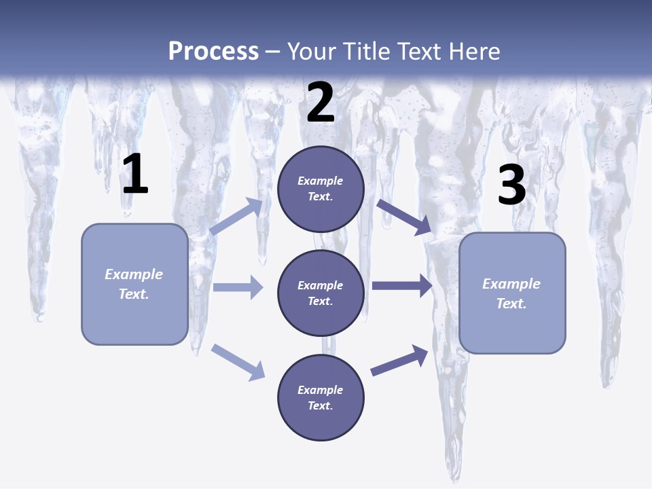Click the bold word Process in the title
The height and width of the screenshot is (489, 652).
point(213,51)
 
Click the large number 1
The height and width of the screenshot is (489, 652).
point(135,175)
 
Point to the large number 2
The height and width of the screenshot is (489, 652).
point(321,103)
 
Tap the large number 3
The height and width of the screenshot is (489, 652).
point(512,185)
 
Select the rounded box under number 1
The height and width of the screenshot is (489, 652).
point(134,284)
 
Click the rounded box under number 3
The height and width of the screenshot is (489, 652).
point(512,293)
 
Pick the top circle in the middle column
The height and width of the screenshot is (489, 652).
point(321,189)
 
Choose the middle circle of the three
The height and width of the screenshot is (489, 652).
point(321,293)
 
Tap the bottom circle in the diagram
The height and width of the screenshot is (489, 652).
point(321,397)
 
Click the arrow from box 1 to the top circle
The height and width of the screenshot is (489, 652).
point(236,217)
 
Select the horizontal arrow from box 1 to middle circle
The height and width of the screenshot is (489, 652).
point(238,287)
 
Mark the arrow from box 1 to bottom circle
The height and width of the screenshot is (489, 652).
point(238,362)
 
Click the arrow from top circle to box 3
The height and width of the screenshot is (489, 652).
point(405,217)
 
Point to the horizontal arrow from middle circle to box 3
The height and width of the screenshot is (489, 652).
point(402,286)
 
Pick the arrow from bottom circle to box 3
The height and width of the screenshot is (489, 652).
point(399,361)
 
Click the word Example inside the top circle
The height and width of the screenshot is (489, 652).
point(321,181)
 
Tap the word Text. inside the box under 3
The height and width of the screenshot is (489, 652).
point(511,304)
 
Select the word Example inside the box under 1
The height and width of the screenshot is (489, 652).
point(134,274)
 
